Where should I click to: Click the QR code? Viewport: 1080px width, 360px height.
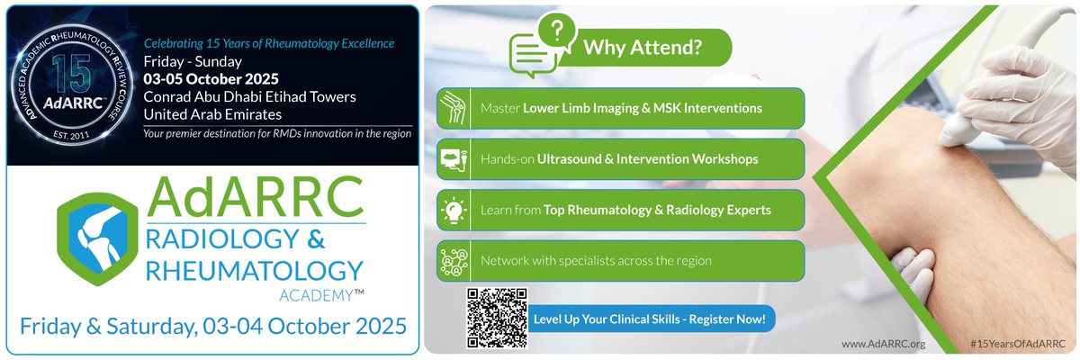pyautogui.click(x=495, y=319)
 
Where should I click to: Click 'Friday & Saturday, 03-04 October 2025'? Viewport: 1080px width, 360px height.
pyautogui.click(x=212, y=322)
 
